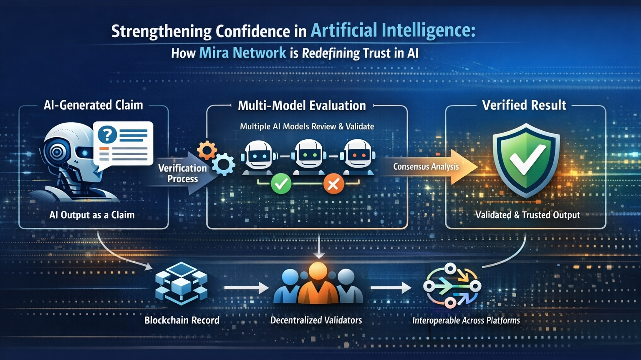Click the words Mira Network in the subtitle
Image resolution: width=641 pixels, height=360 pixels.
click(x=242, y=53)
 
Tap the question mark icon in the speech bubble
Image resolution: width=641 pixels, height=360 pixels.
click(x=108, y=134)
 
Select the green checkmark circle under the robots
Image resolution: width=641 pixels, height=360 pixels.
click(x=281, y=184)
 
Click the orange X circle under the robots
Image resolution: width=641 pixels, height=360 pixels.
click(x=333, y=184)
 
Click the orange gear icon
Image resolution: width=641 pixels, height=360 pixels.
click(x=207, y=150)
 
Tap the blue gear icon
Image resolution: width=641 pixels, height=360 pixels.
click(x=224, y=164)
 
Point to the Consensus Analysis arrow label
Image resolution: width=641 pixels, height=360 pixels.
click(x=426, y=167)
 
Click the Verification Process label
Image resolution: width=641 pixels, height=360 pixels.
click(x=182, y=173)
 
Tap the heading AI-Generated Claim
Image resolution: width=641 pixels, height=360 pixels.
click(x=93, y=105)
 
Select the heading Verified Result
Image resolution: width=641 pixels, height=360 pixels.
click(x=524, y=105)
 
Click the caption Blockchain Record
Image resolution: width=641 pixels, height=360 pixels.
click(x=182, y=320)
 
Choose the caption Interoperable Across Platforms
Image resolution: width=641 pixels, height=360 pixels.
click(x=466, y=320)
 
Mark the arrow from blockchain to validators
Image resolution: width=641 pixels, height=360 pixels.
click(x=246, y=288)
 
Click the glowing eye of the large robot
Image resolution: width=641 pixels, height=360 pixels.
click(x=56, y=152)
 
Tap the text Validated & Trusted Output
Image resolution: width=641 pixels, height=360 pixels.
click(x=527, y=215)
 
